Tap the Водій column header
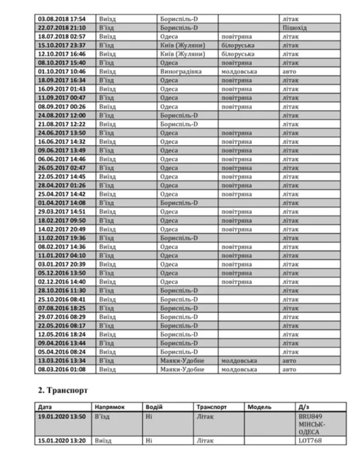click(x=154, y=407)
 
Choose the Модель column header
click(x=259, y=407)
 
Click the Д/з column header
click(x=302, y=407)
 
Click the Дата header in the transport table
click(x=45, y=407)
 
